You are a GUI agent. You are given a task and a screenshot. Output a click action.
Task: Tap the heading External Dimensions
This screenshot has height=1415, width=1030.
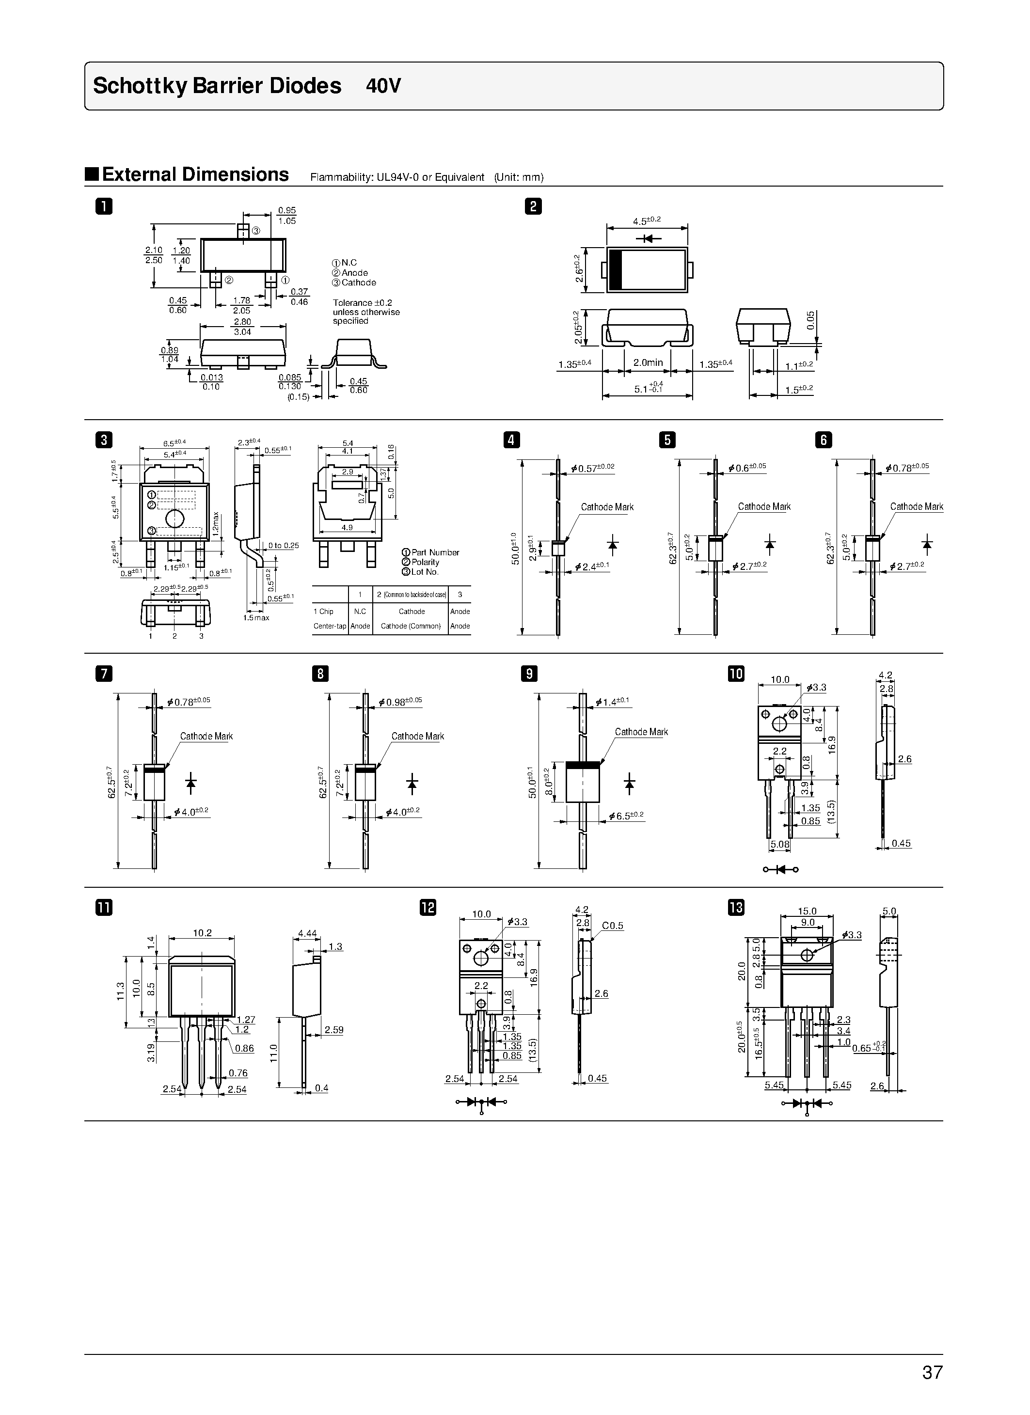pyautogui.click(x=195, y=174)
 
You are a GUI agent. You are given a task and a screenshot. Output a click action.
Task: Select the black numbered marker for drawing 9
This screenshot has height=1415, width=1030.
pyautogui.click(x=528, y=674)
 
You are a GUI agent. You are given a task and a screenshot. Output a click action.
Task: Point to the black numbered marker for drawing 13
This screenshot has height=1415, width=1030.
pyautogui.click(x=736, y=907)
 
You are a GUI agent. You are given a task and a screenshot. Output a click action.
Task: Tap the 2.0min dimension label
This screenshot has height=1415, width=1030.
pyautogui.click(x=648, y=362)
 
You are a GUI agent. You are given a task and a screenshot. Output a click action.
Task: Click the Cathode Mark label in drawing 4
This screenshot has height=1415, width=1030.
pyautogui.click(x=607, y=507)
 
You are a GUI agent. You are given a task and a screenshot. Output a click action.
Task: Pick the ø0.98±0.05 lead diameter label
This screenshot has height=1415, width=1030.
pyautogui.click(x=400, y=702)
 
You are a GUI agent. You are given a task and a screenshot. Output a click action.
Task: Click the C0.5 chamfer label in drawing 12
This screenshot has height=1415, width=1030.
pyautogui.click(x=612, y=926)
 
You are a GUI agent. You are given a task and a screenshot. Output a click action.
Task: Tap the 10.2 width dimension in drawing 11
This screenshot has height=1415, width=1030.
pyautogui.click(x=202, y=933)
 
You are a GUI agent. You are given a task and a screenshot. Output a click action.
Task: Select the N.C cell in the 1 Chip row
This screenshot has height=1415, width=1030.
pyautogui.click(x=360, y=612)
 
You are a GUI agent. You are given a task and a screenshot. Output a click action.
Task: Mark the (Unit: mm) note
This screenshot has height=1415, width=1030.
pyautogui.click(x=519, y=177)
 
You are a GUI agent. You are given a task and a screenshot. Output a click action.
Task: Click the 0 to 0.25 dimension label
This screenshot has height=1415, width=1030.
pyautogui.click(x=283, y=546)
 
